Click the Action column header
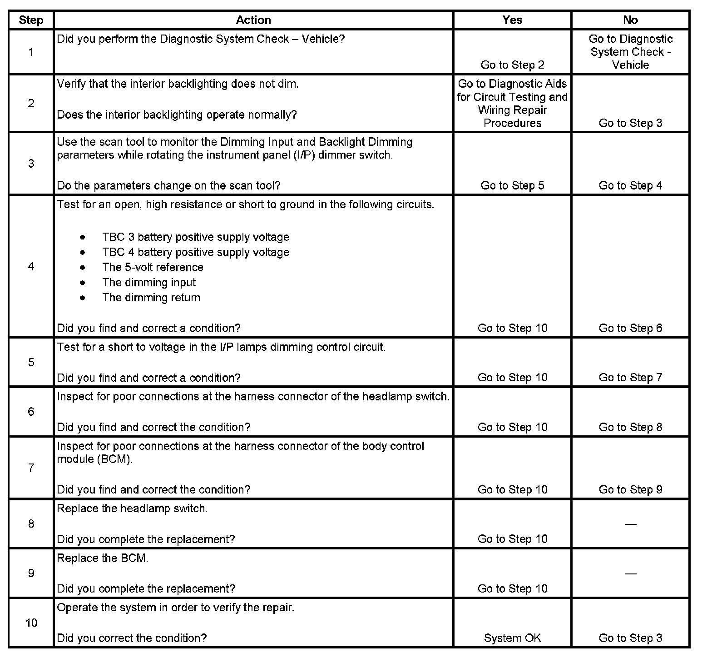[x=253, y=20]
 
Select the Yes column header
[x=512, y=20]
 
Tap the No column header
[x=630, y=20]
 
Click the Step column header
[x=31, y=20]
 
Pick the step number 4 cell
[x=31, y=266]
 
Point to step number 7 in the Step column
[x=31, y=468]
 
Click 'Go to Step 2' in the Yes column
[x=512, y=65]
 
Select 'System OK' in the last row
[x=512, y=638]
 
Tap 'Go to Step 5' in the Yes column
[x=512, y=185]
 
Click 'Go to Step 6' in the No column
[x=630, y=328]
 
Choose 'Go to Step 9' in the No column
[x=630, y=489]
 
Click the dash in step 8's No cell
[x=630, y=524]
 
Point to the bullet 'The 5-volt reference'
[x=153, y=267]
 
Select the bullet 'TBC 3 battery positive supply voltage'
[x=196, y=237]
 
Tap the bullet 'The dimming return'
[x=151, y=298]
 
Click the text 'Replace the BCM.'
[x=103, y=558]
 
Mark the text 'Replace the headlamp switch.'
[x=132, y=508]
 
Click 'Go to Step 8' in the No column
[x=630, y=427]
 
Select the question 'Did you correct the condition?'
[x=132, y=638]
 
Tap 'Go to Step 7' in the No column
[x=630, y=378]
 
